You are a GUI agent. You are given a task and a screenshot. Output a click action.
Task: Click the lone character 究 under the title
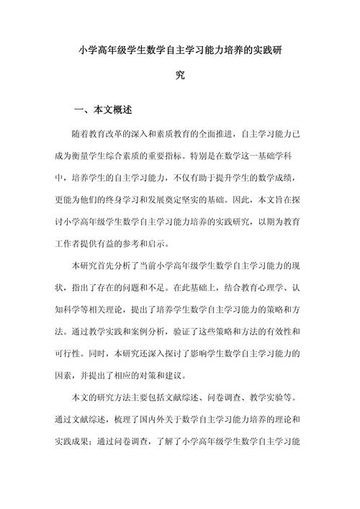180,74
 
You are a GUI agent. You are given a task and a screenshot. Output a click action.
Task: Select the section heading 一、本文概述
103,112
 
